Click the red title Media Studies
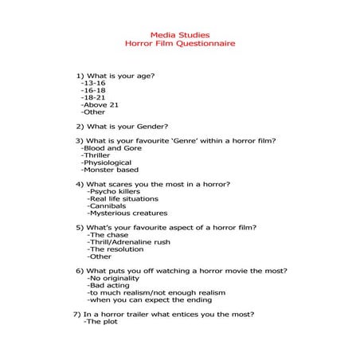[179, 34]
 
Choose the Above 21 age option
[100, 104]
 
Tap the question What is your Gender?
[122, 126]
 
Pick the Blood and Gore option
[113, 148]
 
